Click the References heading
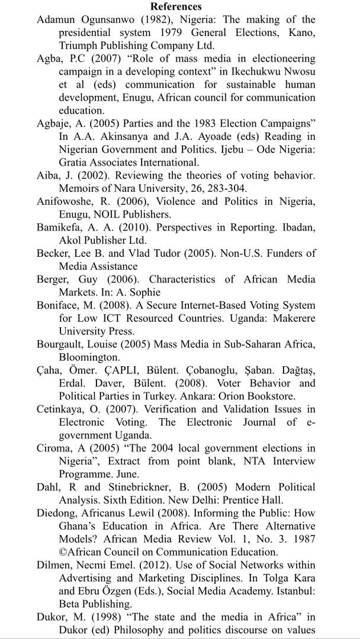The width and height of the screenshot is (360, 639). click(176, 7)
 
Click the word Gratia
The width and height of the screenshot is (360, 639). click(74, 162)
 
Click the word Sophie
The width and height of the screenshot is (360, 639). click(145, 292)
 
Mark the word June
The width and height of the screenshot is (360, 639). click(126, 474)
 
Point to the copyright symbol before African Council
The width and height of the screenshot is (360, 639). click(62, 552)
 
